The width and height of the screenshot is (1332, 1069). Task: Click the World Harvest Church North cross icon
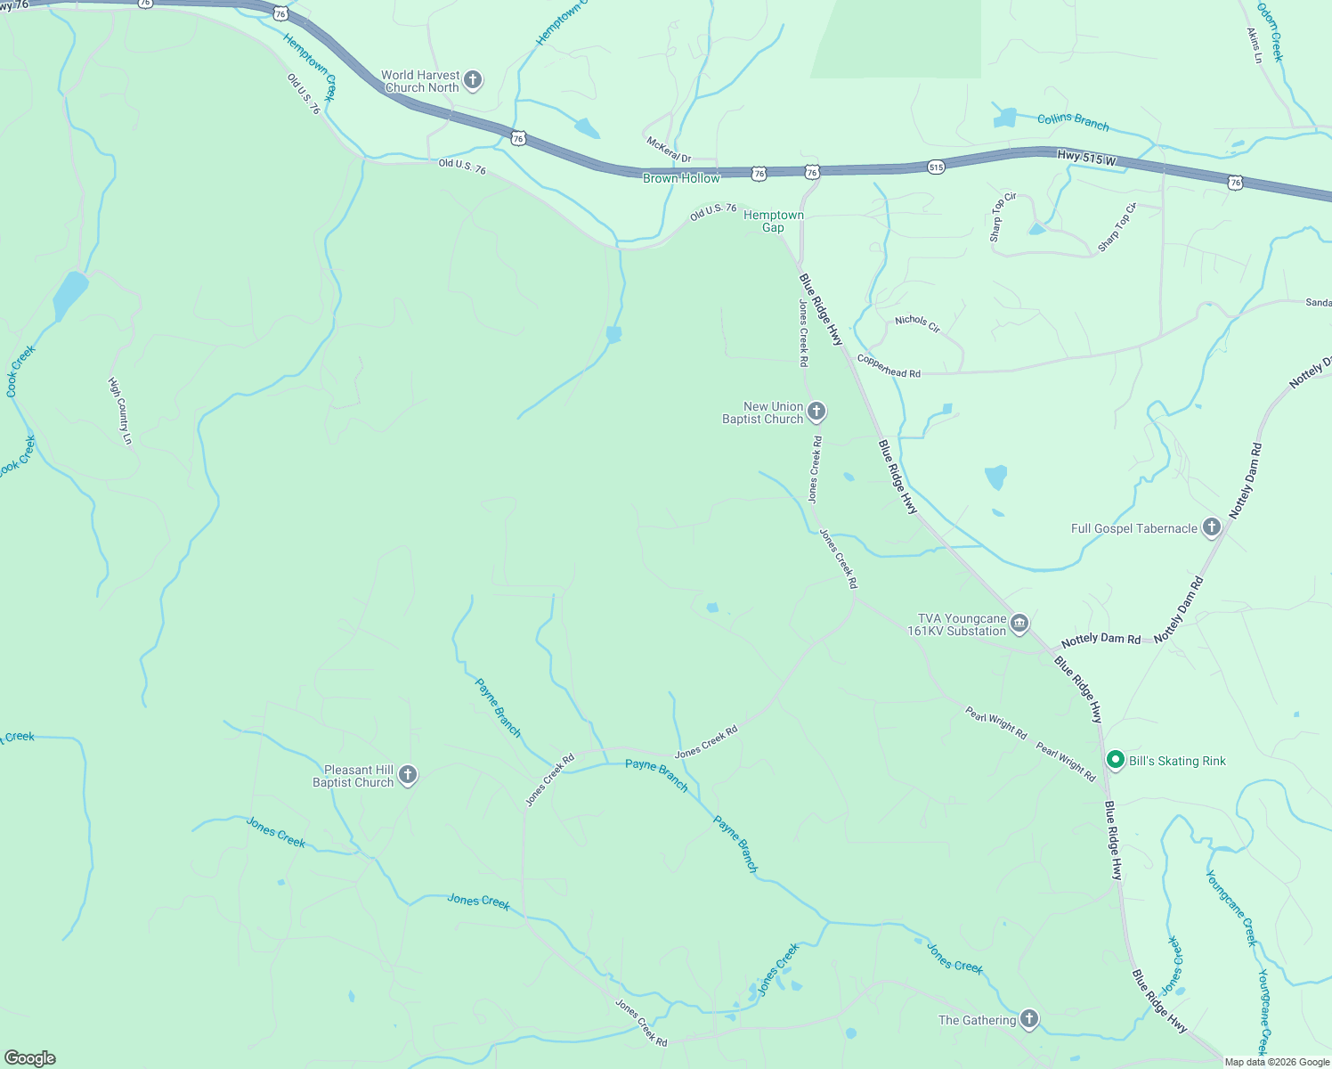click(473, 81)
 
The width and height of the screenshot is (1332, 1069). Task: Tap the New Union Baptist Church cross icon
click(816, 412)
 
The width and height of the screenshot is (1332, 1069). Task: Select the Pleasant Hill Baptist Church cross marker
click(407, 775)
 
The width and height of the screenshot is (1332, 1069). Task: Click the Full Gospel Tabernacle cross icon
click(1211, 528)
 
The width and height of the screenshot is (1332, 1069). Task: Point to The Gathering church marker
click(1029, 1020)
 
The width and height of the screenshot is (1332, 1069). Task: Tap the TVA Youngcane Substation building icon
click(1020, 624)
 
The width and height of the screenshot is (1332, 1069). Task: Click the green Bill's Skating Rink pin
click(1115, 760)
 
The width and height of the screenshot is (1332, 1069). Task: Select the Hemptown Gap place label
click(773, 221)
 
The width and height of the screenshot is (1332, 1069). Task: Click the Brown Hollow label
click(681, 178)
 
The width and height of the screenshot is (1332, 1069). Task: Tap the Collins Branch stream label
click(1073, 121)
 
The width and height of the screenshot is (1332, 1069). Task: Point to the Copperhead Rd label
click(889, 366)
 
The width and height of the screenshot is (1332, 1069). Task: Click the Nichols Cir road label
click(917, 323)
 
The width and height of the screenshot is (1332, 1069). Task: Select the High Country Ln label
click(119, 411)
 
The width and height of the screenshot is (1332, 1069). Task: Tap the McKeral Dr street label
click(669, 151)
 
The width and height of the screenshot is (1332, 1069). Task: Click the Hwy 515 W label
click(1086, 159)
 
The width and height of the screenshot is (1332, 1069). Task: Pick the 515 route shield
click(935, 167)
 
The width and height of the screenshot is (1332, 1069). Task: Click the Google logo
click(29, 1057)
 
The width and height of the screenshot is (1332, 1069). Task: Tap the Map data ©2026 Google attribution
click(1276, 1062)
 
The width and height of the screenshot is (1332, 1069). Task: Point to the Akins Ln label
click(1255, 45)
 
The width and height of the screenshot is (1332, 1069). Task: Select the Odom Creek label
click(1271, 32)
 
